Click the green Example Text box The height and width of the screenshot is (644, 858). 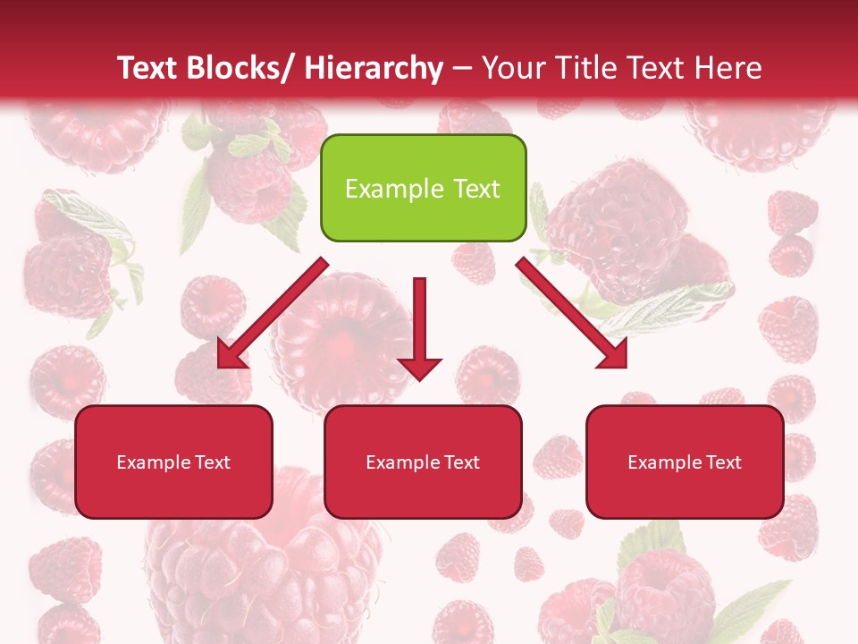click(x=423, y=188)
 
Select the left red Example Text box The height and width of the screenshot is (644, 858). click(x=173, y=462)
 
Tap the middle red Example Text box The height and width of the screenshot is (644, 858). click(x=423, y=462)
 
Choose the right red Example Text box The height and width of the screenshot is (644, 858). click(x=685, y=462)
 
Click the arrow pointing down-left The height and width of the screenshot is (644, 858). click(x=273, y=313)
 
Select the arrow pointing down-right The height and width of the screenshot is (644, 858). click(x=572, y=313)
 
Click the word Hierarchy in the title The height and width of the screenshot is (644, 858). click(x=374, y=68)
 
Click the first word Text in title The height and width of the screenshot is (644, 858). click(x=147, y=68)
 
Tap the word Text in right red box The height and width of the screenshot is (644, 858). click(x=723, y=462)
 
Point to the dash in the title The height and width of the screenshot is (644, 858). click(x=462, y=68)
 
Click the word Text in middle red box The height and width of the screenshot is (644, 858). click(x=461, y=462)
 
